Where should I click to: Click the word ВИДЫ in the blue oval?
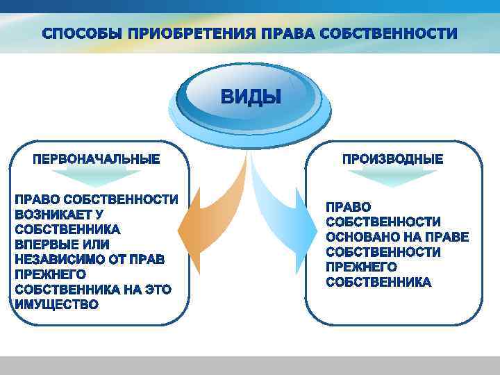(x=251, y=97)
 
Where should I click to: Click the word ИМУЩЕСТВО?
(x=57, y=304)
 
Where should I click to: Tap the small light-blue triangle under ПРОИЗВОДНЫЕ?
(x=392, y=177)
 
